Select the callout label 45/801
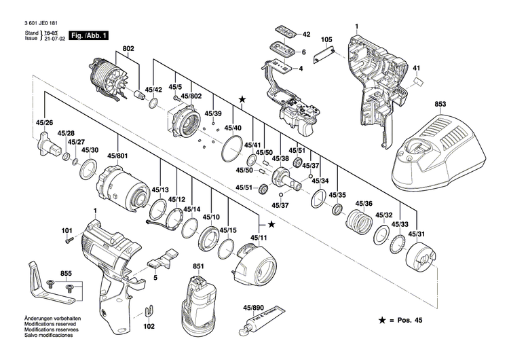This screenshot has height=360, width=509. tap(117, 157)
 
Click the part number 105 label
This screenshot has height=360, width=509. tap(327, 39)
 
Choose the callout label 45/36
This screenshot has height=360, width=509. tap(364, 204)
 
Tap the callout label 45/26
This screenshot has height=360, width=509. tap(44, 123)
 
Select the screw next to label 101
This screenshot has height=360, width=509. tap(68, 239)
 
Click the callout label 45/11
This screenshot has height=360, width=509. tap(258, 237)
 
